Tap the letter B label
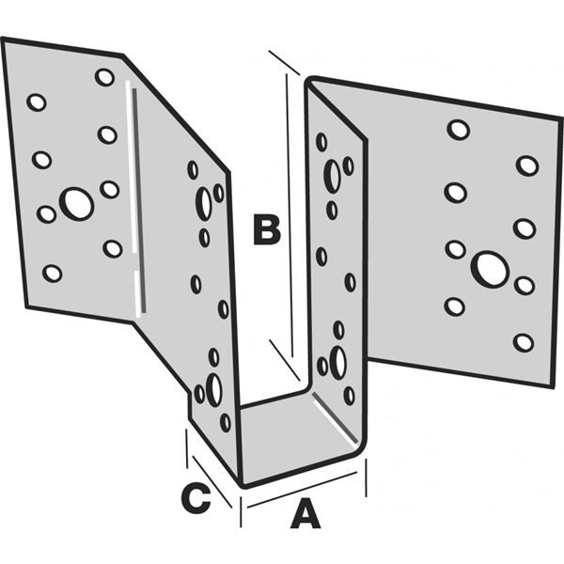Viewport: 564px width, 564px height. point(266,229)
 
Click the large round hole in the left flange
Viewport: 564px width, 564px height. point(76,203)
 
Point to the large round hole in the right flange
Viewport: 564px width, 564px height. point(490,268)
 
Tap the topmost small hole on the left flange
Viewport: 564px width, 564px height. point(104,77)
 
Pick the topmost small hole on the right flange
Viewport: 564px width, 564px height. point(458,130)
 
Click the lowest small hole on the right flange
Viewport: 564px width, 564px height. point(524,342)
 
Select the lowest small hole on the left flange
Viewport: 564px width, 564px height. point(53,273)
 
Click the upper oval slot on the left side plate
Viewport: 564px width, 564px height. point(203,203)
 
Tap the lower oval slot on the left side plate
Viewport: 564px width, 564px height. point(213,389)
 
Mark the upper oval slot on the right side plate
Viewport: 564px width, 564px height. point(332,174)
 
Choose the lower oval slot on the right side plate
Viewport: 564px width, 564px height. point(337,363)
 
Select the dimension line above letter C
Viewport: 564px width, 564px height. point(209,467)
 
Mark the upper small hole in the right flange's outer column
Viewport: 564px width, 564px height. point(527,165)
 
